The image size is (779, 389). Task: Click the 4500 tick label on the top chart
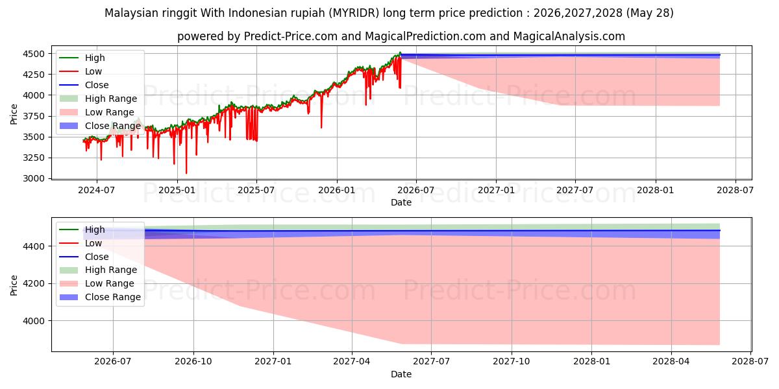click(x=34, y=54)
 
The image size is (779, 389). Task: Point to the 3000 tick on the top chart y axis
click(x=34, y=178)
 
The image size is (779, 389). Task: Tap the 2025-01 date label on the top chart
click(x=177, y=191)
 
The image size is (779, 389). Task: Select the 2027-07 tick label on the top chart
click(x=575, y=191)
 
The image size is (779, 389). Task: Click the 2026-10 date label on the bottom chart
click(x=193, y=362)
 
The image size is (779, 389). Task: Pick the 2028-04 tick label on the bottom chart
click(x=671, y=362)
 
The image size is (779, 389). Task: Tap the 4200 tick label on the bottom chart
click(x=34, y=284)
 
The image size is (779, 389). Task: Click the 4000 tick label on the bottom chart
click(x=34, y=321)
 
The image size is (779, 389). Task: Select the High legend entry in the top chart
click(x=82, y=58)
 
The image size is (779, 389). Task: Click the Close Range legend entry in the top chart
click(x=100, y=126)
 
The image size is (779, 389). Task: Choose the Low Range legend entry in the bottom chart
click(x=97, y=283)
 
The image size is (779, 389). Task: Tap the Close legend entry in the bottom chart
click(x=84, y=257)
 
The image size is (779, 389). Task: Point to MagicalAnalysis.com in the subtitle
click(x=569, y=36)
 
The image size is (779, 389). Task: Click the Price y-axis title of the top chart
click(x=14, y=114)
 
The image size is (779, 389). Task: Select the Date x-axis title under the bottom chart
click(x=401, y=374)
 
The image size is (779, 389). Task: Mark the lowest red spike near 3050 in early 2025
click(x=186, y=173)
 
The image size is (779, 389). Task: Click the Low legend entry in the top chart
click(x=80, y=71)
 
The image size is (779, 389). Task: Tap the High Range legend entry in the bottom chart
click(x=98, y=270)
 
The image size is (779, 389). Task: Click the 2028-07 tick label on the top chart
click(x=735, y=191)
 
